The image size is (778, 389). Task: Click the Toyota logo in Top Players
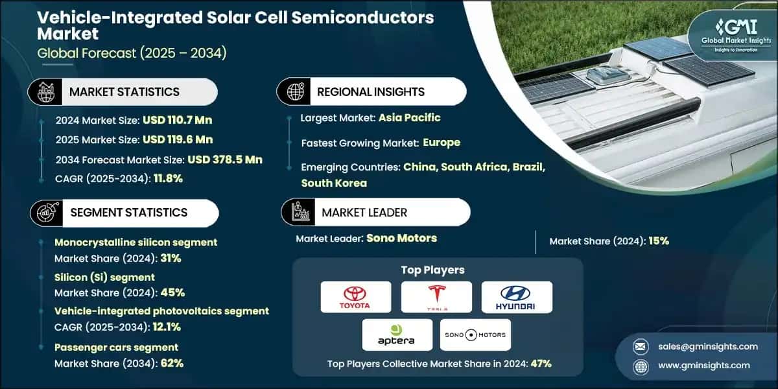(x=356, y=297)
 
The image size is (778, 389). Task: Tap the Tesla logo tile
(x=436, y=297)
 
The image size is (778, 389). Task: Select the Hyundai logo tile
(x=517, y=297)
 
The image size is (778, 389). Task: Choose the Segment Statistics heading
(x=128, y=213)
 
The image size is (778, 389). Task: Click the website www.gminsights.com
(x=703, y=365)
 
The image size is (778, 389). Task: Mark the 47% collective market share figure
(x=541, y=364)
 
